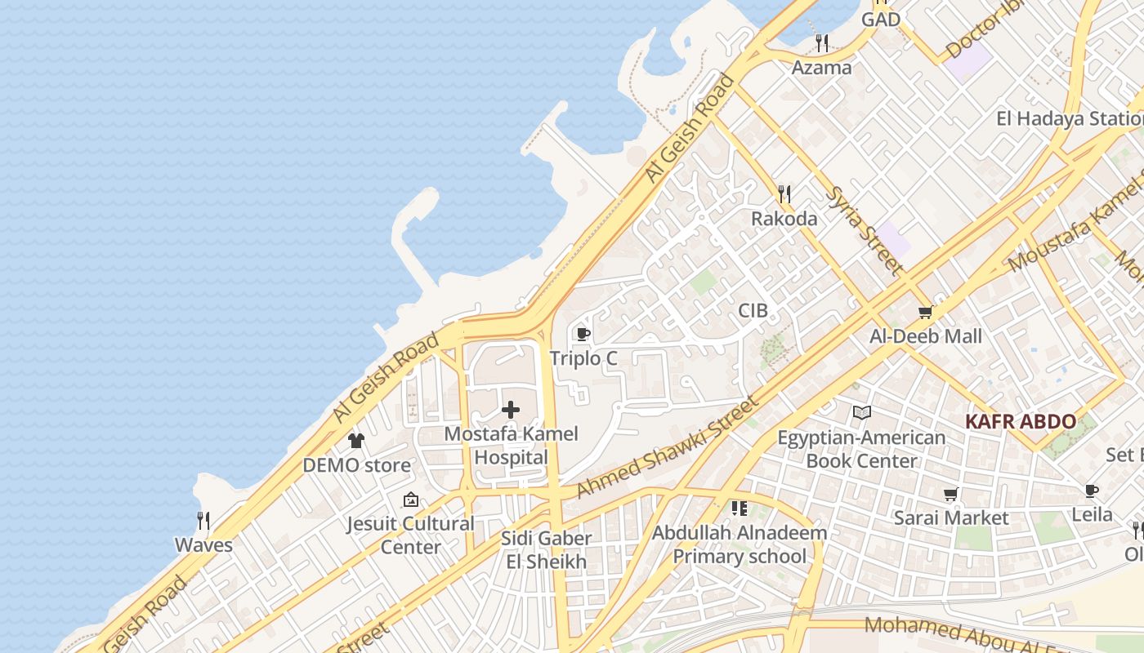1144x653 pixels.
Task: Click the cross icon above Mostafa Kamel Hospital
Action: pyautogui.click(x=511, y=409)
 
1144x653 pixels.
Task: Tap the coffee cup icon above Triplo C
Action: pyautogui.click(x=583, y=334)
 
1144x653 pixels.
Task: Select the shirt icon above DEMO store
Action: pyautogui.click(x=356, y=441)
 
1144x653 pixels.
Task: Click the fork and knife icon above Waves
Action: pyautogui.click(x=203, y=520)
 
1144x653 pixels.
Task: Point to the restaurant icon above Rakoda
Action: pyautogui.click(x=784, y=193)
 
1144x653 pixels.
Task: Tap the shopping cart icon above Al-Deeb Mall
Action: pyautogui.click(x=926, y=312)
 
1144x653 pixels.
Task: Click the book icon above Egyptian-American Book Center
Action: pyautogui.click(x=861, y=413)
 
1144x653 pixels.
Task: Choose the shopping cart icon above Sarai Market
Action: pyautogui.click(x=950, y=494)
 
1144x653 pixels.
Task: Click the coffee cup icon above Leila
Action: pyautogui.click(x=1092, y=491)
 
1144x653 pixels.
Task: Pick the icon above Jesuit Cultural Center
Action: pyautogui.click(x=411, y=500)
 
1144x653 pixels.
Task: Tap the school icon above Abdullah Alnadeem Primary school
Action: pyautogui.click(x=740, y=509)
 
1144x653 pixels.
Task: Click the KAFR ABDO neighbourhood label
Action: pyautogui.click(x=1020, y=422)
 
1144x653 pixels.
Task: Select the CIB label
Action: pyautogui.click(x=753, y=310)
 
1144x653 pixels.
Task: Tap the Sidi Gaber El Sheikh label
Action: pyautogui.click(x=547, y=550)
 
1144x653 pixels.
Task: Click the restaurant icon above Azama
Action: pyautogui.click(x=822, y=43)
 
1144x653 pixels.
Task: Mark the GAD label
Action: pyautogui.click(x=881, y=20)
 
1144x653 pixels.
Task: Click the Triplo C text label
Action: pyautogui.click(x=583, y=358)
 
